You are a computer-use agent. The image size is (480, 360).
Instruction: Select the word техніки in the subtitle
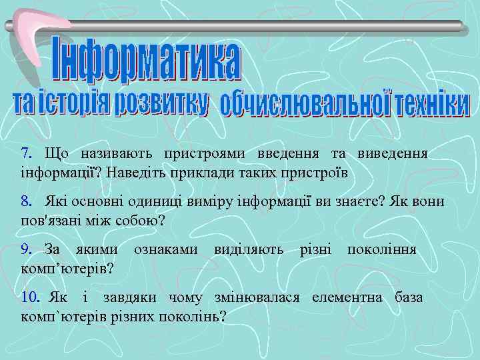tap(432, 105)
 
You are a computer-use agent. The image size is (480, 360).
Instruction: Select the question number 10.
tap(29, 297)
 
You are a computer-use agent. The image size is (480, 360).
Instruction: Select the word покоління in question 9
tap(381, 249)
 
